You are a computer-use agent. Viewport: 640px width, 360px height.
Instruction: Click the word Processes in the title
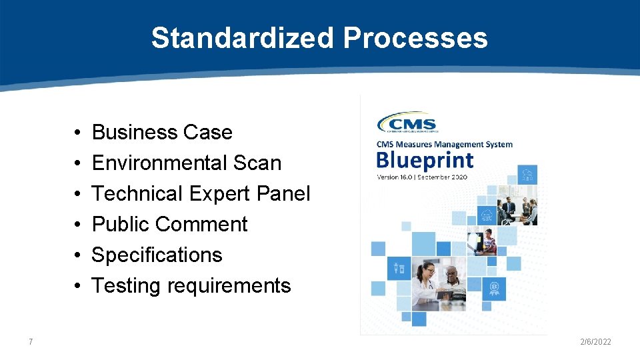(415, 38)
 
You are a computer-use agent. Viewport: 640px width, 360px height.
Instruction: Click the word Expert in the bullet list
(213, 193)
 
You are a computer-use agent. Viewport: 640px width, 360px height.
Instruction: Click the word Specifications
(157, 255)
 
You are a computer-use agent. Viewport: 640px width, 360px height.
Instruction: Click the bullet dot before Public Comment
(78, 225)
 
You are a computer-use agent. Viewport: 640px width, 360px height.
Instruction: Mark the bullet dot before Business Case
(78, 133)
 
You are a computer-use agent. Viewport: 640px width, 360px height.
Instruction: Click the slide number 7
(31, 342)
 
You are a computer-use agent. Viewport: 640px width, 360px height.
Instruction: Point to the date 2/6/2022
(595, 342)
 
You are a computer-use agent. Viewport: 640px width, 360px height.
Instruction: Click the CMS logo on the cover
(407, 123)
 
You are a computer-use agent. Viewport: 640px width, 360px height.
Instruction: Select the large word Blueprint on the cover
(425, 160)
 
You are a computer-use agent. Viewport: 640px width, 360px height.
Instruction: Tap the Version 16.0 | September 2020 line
(422, 177)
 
